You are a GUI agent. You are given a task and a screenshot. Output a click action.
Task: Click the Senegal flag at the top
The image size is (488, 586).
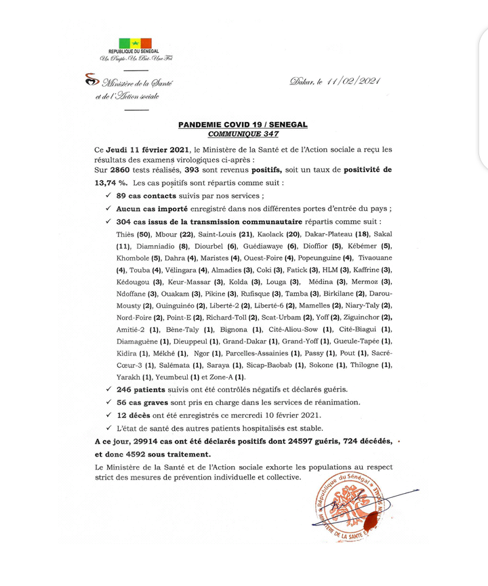click(135, 43)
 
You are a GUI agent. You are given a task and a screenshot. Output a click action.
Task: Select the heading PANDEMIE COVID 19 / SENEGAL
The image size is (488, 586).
click(243, 125)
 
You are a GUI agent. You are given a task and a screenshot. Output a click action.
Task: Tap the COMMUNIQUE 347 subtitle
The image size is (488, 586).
click(243, 134)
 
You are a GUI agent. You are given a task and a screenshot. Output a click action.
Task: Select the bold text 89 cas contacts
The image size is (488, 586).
click(144, 196)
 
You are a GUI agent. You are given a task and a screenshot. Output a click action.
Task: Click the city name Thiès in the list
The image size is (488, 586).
click(127, 234)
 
